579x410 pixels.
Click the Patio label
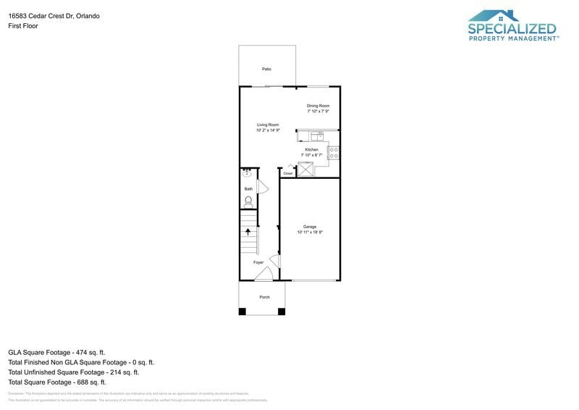coord(266,69)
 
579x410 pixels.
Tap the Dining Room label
coord(318,106)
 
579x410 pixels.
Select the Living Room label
coord(268,125)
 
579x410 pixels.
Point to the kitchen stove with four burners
coord(334,153)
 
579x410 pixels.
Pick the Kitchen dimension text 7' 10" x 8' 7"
coord(311,155)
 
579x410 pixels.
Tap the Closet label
coord(287,174)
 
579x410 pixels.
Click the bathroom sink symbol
coord(247,173)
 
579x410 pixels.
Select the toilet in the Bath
coord(248,201)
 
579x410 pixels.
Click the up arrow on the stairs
coord(248,232)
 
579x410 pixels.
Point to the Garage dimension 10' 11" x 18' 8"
coord(310,233)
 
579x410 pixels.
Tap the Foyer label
coord(258,262)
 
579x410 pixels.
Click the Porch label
coord(264,297)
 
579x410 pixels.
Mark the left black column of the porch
coord(243,311)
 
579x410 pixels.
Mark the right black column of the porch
coord(282,311)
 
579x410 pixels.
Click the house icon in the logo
coord(504,16)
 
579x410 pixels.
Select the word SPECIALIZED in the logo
coord(512,29)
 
